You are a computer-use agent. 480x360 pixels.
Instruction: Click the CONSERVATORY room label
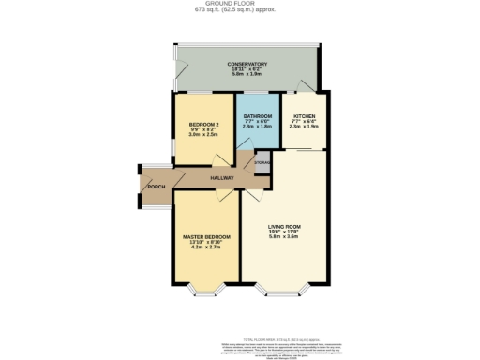pos(247,64)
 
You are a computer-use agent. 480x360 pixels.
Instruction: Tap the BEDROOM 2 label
pos(203,125)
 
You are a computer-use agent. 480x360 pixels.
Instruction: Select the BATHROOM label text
pos(257,115)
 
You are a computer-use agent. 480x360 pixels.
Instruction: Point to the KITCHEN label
pos(304,115)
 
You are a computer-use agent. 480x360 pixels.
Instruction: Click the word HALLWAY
pos(221,177)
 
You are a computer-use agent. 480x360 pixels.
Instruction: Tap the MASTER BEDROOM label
pos(206,236)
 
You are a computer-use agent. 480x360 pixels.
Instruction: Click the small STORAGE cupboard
pos(263,163)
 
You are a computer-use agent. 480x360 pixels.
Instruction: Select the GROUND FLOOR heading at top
pos(239,4)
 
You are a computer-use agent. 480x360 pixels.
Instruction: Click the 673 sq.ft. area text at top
pos(239,10)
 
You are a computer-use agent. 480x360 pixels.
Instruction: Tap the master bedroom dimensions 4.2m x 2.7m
pos(206,247)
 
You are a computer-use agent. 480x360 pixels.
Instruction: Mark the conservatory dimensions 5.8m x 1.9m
pos(247,75)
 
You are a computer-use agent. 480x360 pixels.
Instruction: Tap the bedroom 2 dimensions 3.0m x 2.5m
pos(203,135)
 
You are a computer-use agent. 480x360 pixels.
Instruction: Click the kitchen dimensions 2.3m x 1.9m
pos(304,127)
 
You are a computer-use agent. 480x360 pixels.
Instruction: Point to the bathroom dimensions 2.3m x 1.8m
pos(257,127)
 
